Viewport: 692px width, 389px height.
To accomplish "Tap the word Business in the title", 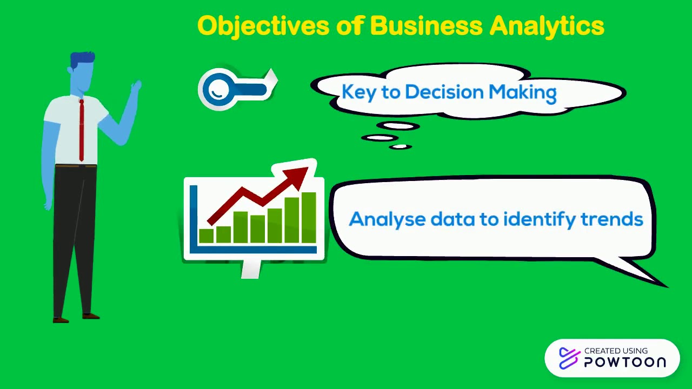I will pos(425,26).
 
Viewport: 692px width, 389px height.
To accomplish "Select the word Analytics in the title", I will pos(547,26).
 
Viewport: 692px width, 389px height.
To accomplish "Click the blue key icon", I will pos(237,89).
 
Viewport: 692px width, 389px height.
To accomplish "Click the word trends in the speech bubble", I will pos(611,219).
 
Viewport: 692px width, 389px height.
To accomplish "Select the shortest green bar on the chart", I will pos(206,236).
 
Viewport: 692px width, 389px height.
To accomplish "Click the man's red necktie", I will pos(82,130).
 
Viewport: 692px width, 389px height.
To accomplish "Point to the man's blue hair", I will pos(83,59).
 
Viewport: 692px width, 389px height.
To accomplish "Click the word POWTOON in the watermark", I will pos(624,362).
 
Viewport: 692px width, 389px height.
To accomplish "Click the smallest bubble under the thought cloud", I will pos(400,146).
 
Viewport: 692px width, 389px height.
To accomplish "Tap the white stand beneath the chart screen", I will pos(251,270).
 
